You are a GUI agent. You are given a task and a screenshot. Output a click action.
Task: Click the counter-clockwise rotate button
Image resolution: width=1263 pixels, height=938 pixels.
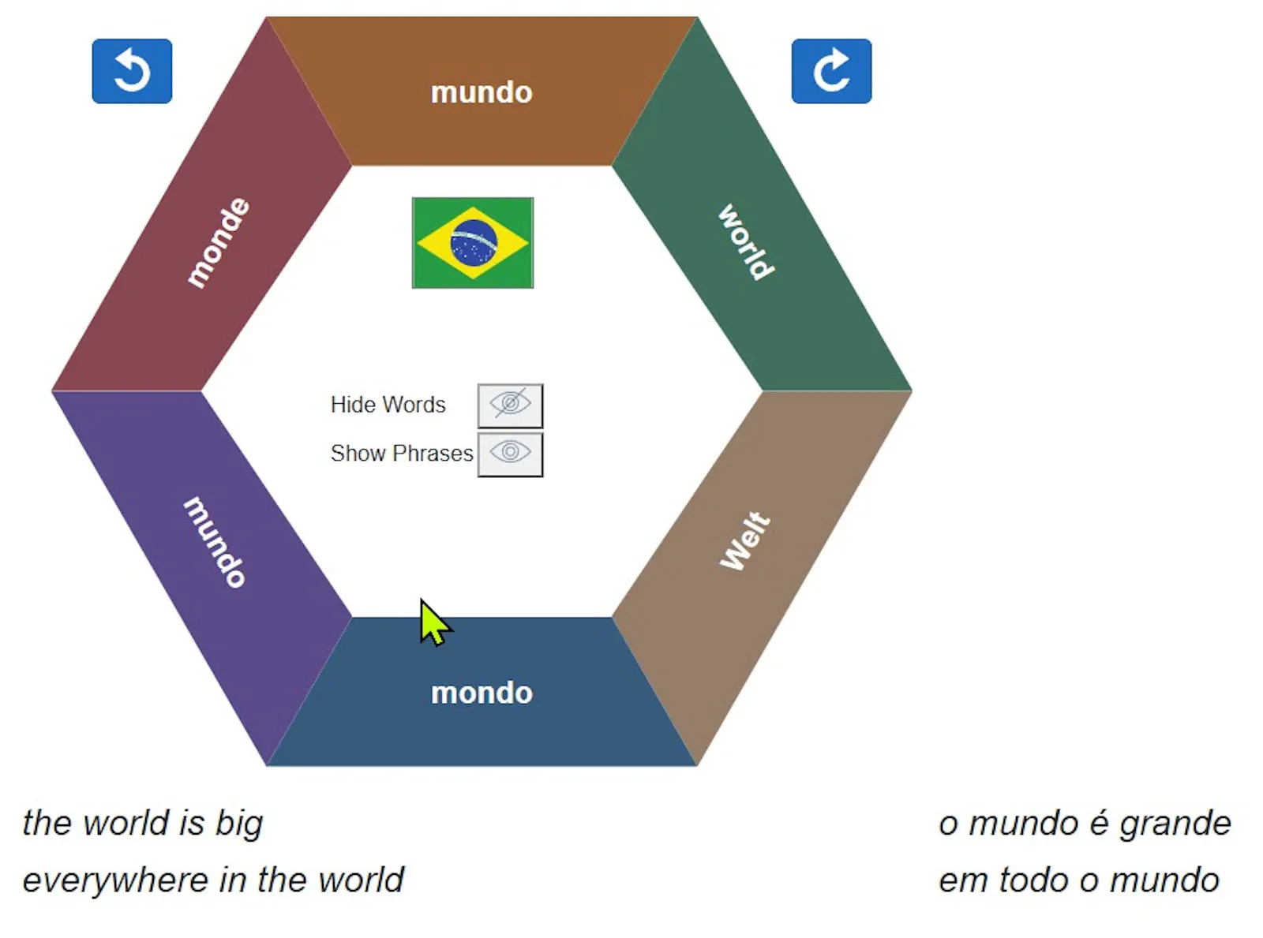[x=132, y=71]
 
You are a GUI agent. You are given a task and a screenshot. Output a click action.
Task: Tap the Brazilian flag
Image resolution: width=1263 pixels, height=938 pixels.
[x=473, y=243]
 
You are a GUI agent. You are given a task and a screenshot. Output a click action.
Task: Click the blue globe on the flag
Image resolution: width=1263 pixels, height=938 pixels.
[x=473, y=243]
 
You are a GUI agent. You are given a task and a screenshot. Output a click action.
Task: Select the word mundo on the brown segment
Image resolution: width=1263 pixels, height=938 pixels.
[x=482, y=92]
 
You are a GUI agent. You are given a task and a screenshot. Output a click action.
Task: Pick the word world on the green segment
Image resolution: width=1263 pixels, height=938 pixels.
[x=746, y=242]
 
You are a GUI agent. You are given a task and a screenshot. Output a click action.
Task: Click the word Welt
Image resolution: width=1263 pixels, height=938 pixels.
[x=745, y=540]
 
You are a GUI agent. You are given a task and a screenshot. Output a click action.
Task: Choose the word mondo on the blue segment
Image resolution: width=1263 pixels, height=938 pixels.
[x=482, y=693]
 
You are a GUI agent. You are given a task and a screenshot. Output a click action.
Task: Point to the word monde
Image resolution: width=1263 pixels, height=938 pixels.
[x=218, y=243]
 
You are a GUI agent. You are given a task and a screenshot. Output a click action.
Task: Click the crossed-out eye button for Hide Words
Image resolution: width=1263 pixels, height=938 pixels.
[x=510, y=405]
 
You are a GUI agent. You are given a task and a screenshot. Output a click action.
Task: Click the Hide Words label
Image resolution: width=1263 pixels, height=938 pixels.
[x=388, y=405]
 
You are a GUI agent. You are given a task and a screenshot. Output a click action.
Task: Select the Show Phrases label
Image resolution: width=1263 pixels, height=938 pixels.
[x=402, y=454]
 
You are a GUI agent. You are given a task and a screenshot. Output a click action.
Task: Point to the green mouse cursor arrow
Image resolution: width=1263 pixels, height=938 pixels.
[x=434, y=622]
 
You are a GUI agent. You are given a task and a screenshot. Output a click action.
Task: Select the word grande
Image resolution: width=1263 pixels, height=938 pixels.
[x=1175, y=824]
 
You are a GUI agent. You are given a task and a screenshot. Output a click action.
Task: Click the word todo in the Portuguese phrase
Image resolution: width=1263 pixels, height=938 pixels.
[x=1034, y=880]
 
